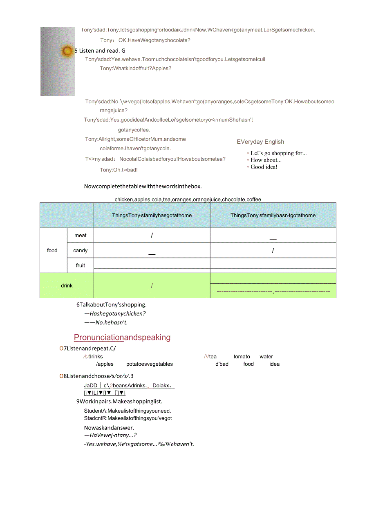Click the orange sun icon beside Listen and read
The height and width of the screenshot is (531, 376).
67,51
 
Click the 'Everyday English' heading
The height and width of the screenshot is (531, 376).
260,142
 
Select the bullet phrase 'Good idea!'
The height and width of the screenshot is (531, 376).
264,167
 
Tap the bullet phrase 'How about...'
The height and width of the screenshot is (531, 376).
266,160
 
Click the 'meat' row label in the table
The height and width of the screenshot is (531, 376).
81,235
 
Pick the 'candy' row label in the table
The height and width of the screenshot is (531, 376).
81,250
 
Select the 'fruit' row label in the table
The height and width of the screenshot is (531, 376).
81,265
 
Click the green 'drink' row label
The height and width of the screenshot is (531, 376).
67,285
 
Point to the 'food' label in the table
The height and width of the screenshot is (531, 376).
52,250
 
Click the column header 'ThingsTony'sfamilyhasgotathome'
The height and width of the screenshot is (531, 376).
152,215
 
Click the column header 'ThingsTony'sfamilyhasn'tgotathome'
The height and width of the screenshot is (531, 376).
273,215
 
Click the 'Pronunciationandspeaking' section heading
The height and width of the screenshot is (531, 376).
122,337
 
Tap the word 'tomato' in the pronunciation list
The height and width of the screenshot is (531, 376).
242,356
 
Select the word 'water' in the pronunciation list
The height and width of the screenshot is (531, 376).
266,356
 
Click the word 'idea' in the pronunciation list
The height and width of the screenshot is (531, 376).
274,364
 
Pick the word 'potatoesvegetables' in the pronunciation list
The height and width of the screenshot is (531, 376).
149,364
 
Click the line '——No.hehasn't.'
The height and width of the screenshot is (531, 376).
106,322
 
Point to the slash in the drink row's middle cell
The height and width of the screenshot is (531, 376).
152,285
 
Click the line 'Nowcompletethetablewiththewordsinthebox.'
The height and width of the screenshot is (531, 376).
143,186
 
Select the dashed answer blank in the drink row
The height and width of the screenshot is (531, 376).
273,291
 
